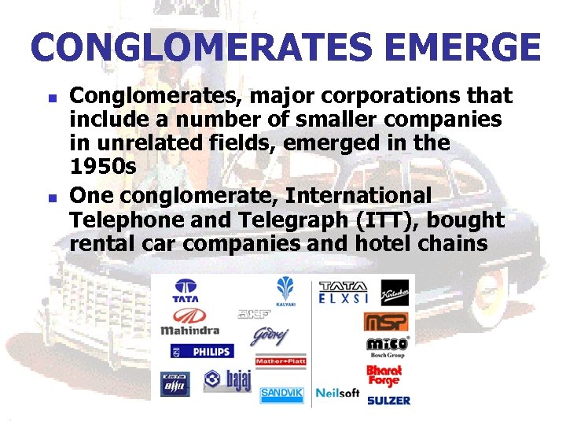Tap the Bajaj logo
click(x=226, y=381)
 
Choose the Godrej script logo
click(x=270, y=337)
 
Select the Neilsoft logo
click(x=337, y=392)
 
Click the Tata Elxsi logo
click(x=343, y=292)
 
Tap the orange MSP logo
click(x=386, y=321)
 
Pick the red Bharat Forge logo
click(x=384, y=374)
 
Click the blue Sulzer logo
click(x=388, y=400)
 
